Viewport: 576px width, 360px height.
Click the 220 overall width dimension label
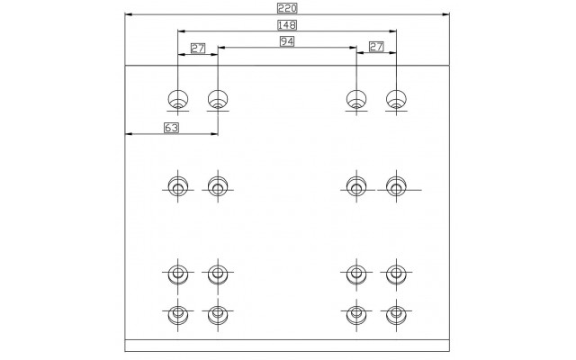point(287,8)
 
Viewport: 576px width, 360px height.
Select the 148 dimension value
point(287,25)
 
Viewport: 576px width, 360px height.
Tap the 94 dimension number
point(287,41)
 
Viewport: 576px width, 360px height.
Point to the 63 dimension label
point(171,128)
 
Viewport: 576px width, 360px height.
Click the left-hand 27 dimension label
point(198,48)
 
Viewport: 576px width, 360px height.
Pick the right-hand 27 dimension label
point(376,47)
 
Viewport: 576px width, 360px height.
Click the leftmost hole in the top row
point(178,99)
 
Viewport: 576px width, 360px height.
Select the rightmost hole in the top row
point(396,99)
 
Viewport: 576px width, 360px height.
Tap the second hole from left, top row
point(218,99)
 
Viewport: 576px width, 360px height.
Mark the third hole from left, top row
point(356,99)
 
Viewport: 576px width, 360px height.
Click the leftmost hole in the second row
point(178,186)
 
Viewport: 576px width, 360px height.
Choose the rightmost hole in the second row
point(396,186)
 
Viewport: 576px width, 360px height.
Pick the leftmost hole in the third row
point(178,274)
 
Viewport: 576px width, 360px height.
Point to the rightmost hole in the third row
point(396,274)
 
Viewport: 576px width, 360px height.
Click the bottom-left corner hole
point(178,314)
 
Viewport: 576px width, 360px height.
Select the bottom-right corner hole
point(396,314)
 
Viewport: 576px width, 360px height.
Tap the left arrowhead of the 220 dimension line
point(129,14)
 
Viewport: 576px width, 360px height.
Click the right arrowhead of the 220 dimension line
point(445,14)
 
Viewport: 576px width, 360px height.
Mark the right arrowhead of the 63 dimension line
point(214,134)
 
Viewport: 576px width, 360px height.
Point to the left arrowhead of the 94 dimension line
point(222,48)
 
